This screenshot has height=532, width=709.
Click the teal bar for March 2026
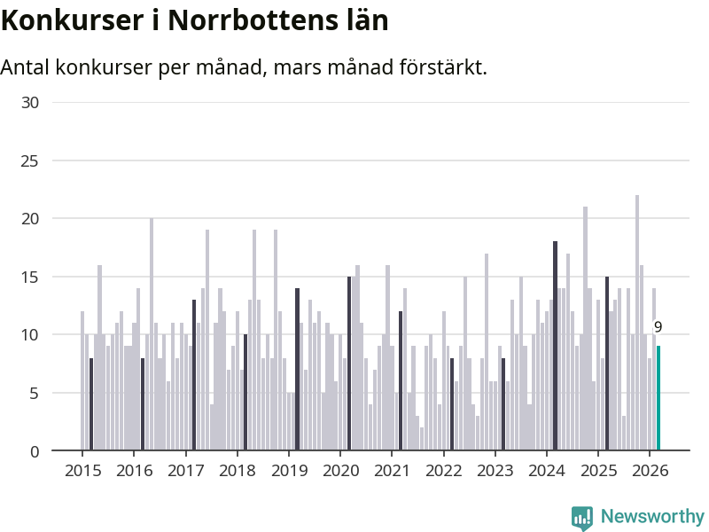658,399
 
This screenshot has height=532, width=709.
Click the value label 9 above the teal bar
658,327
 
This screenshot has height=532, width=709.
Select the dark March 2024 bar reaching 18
555,346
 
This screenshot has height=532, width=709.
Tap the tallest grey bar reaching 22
636,323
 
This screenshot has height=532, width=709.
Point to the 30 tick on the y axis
30,103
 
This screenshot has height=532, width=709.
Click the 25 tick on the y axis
30,160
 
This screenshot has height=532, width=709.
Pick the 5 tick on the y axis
35,393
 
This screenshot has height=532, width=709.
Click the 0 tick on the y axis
35,451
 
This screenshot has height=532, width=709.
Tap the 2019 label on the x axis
288,471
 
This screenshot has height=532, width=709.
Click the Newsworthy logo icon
582,518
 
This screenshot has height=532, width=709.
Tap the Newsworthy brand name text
652,517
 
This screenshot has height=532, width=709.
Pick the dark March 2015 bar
91,404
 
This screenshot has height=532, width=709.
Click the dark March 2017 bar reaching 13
194,375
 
